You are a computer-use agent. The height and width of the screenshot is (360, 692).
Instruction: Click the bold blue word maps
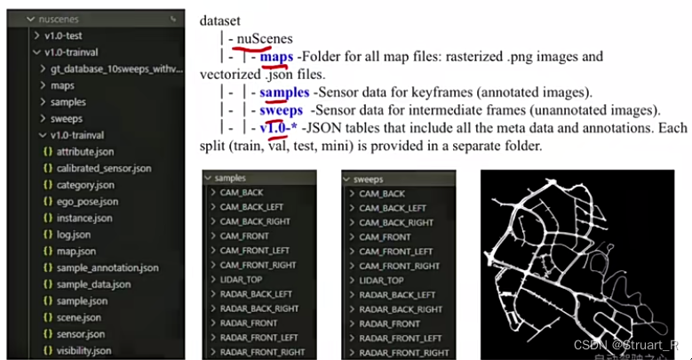[277, 56]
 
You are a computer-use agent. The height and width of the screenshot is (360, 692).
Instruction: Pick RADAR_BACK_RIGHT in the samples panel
[259, 308]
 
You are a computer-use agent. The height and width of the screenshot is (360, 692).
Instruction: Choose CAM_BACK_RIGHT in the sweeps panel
[396, 222]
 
